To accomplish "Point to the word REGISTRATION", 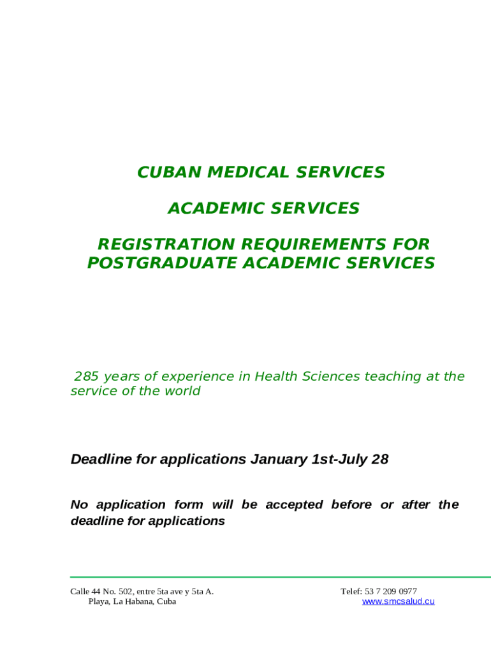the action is [x=166, y=244].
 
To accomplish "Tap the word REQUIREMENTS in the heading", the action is [x=314, y=244].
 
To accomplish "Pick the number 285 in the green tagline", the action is [x=86, y=376].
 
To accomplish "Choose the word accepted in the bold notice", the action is [x=294, y=505].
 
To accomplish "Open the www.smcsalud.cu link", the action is [x=398, y=601].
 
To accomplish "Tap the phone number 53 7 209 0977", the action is [x=391, y=591].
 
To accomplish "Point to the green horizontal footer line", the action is [x=281, y=577].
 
